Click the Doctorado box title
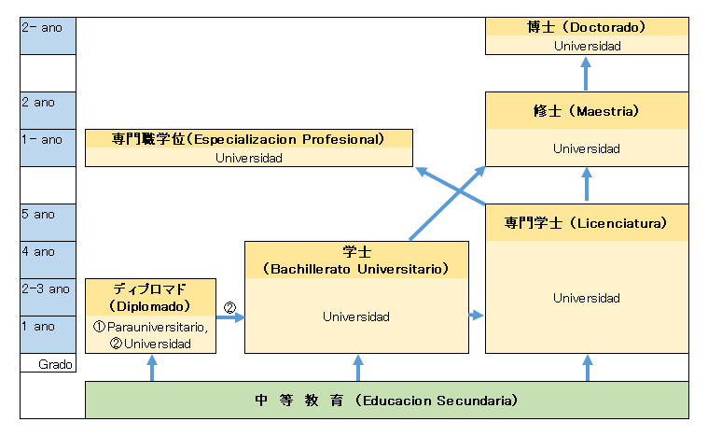[x=586, y=27]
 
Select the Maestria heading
[x=586, y=110]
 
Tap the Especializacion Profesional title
[x=248, y=139]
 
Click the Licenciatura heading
[x=586, y=223]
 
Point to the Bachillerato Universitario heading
[x=356, y=260]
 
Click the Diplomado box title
[x=150, y=298]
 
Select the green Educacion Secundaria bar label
[x=386, y=401]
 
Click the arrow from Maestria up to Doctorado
[x=586, y=73]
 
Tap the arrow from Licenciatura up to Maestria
[x=586, y=184]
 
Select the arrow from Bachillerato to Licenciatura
[x=476, y=316]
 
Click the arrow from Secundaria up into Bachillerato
[x=357, y=367]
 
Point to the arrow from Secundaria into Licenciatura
[x=586, y=367]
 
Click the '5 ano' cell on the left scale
[x=47, y=214]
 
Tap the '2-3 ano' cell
[x=47, y=288]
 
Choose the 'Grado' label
[x=55, y=363]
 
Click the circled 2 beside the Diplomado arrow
[x=229, y=305]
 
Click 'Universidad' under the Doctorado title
[x=586, y=45]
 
